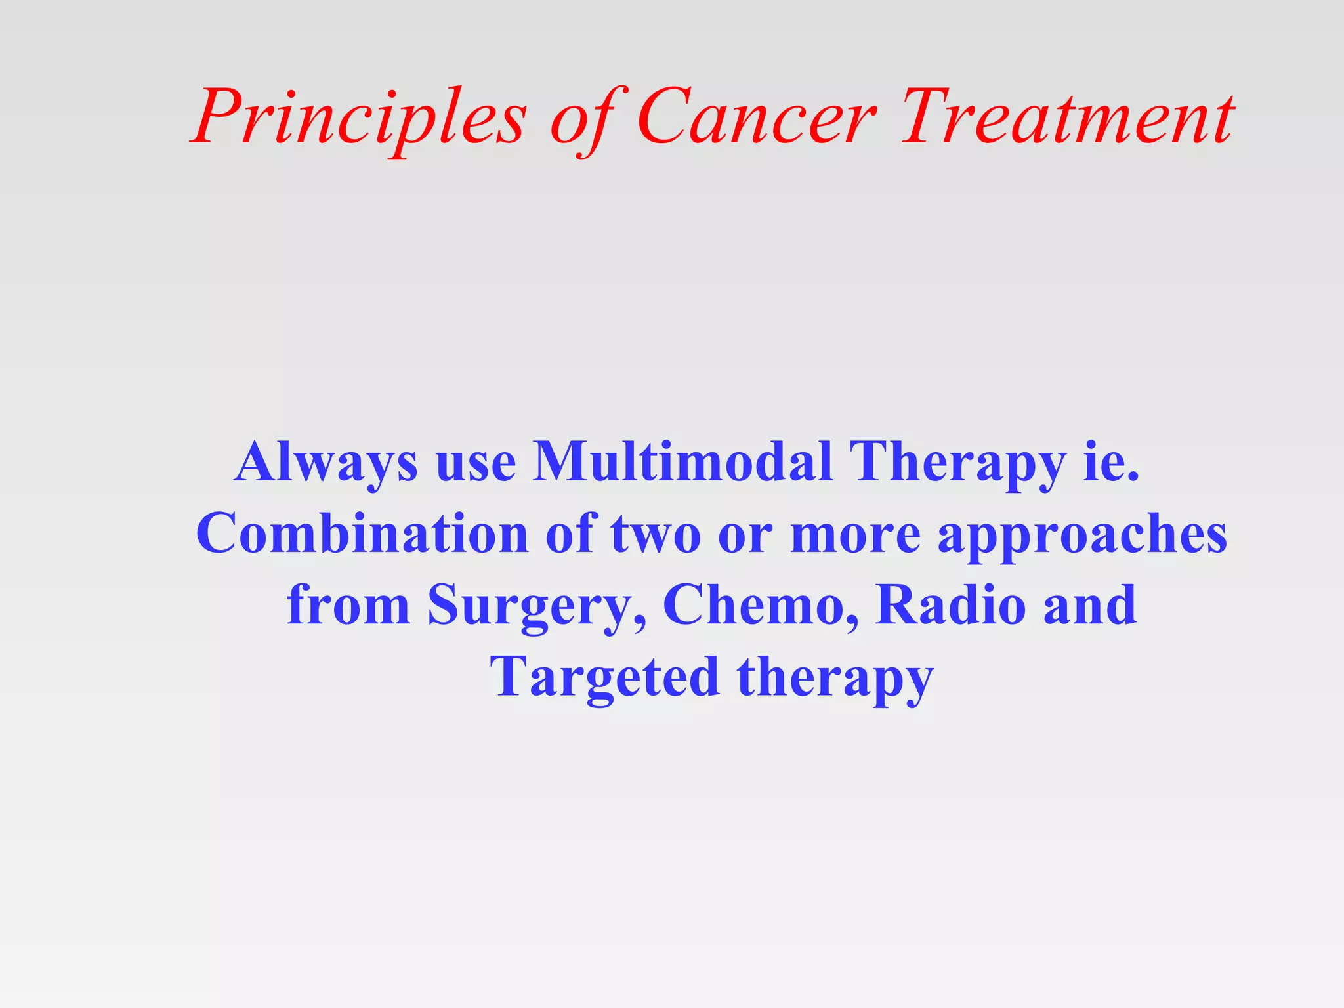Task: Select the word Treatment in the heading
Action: point(1067,118)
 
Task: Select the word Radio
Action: point(950,605)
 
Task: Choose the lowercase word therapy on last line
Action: point(835,677)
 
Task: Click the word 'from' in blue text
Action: point(348,605)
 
